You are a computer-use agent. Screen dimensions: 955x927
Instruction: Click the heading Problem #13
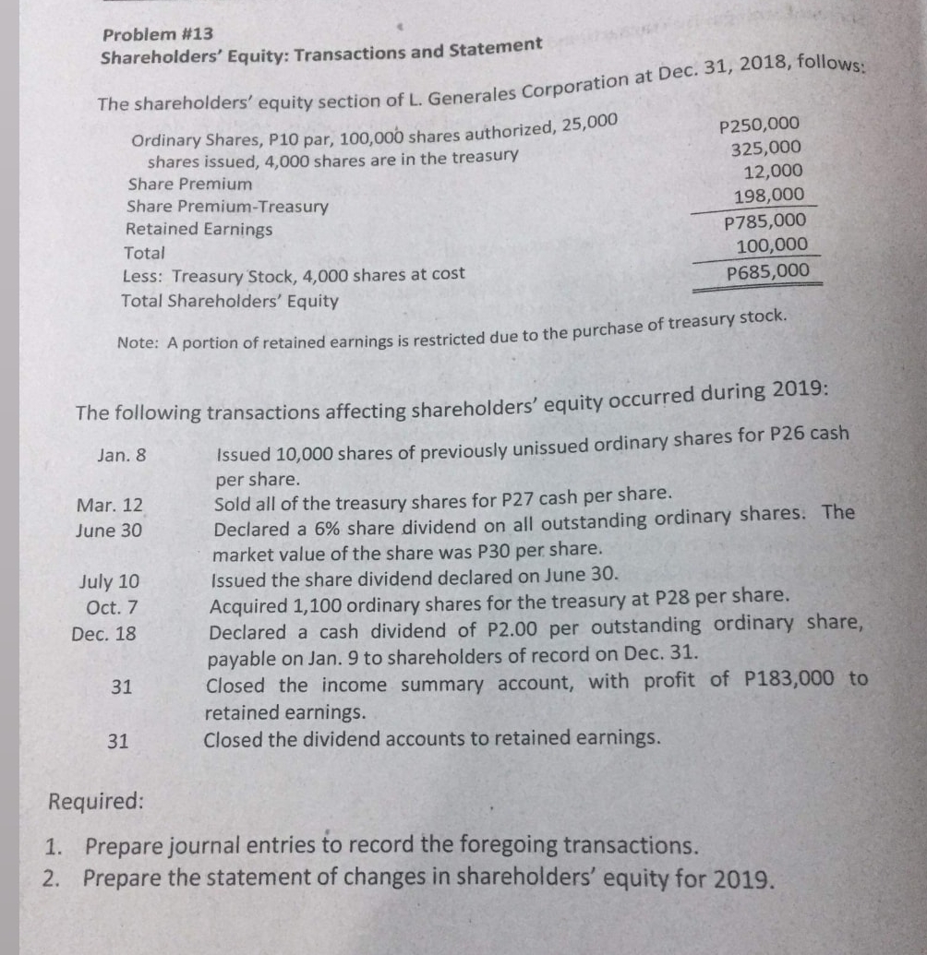[x=158, y=34]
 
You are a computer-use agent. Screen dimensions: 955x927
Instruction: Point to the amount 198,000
[x=768, y=196]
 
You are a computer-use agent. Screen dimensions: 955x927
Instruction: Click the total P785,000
[x=765, y=221]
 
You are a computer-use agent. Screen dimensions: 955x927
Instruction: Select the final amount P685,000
[x=768, y=271]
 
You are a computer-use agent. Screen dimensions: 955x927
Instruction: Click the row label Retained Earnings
[x=199, y=229]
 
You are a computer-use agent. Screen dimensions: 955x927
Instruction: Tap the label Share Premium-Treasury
[x=227, y=207]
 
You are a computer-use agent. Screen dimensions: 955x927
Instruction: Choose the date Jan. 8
[x=121, y=455]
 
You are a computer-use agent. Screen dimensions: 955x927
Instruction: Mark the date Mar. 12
[x=110, y=506]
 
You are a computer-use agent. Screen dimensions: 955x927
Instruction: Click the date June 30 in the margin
[x=110, y=531]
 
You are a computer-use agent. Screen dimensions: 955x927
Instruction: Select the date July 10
[x=110, y=582]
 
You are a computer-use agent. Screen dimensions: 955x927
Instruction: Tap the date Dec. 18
[x=104, y=635]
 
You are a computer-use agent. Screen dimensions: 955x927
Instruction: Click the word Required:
[x=95, y=800]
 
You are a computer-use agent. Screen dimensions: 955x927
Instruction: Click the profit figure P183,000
[x=792, y=679]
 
